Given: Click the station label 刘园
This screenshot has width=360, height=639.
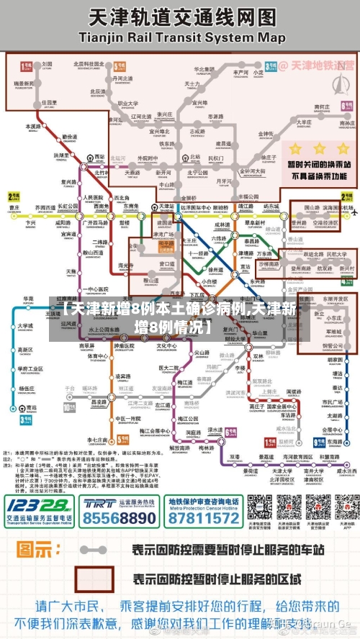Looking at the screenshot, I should [47, 63].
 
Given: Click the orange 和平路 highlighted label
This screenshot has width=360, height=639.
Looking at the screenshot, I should [165, 244].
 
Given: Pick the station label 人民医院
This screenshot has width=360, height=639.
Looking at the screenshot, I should [94, 196].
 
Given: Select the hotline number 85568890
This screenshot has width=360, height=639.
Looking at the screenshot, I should [120, 517].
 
